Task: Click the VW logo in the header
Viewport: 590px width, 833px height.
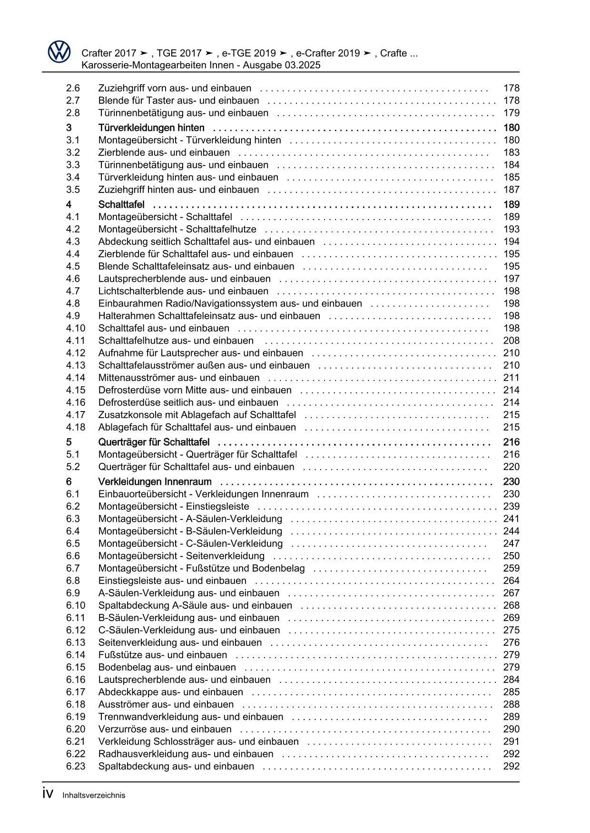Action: point(59,52)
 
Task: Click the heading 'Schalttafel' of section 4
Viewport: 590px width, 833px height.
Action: point(121,205)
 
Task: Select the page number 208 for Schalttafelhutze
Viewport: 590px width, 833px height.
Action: point(511,341)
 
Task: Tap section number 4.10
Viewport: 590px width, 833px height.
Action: point(76,328)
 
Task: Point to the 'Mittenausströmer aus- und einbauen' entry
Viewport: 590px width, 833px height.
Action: point(179,378)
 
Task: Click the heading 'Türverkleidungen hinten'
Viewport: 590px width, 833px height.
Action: point(151,128)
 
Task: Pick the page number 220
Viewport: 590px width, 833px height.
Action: point(511,467)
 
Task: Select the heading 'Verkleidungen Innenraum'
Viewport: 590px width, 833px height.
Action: point(155,482)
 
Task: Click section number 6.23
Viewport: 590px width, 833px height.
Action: point(76,766)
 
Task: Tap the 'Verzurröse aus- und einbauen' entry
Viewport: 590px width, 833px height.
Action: point(165,729)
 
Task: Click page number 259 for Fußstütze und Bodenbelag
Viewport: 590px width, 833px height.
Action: point(511,568)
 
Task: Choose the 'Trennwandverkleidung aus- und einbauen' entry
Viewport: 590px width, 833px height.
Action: point(190,717)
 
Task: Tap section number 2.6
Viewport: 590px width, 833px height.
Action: point(73,88)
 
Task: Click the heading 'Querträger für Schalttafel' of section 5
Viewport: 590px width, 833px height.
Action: point(154,442)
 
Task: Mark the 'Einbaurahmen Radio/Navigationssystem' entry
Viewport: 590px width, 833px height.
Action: point(230,304)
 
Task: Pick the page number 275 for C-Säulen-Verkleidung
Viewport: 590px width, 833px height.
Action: point(511,631)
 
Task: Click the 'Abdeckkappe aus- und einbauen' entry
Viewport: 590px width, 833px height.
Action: point(170,692)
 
